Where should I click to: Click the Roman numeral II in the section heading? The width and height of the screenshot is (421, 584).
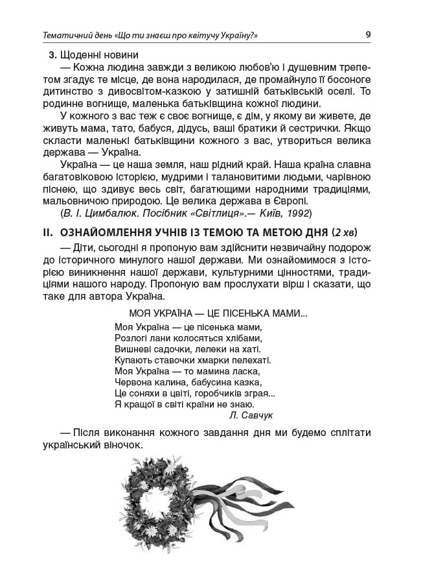pyautogui.click(x=45, y=232)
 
